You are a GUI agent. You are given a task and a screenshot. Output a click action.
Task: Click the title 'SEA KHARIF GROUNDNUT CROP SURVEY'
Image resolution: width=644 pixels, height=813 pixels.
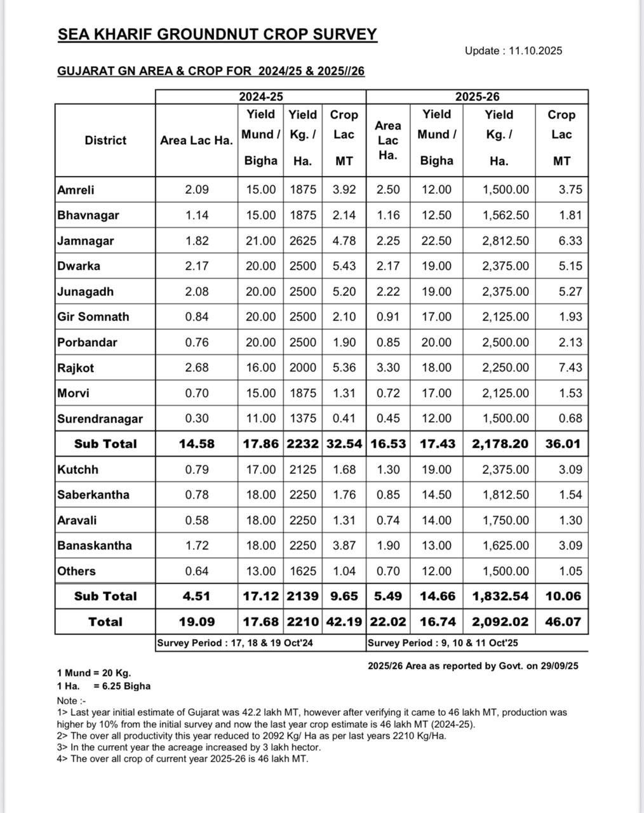(x=217, y=34)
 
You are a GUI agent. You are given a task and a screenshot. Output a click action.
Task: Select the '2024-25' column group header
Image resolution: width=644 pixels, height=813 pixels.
(x=260, y=97)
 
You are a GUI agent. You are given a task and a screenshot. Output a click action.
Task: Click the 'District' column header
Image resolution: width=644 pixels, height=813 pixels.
(x=105, y=140)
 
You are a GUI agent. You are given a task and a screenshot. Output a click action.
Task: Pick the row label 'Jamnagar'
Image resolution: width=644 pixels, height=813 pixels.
(x=86, y=241)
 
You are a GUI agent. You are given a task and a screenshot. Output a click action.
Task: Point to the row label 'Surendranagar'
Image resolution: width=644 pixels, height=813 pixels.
(x=100, y=419)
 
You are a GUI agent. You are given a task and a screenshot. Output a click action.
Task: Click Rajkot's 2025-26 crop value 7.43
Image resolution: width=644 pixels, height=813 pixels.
(x=570, y=368)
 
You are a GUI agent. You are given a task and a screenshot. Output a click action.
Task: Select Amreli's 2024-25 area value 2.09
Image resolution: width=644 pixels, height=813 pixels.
(x=197, y=190)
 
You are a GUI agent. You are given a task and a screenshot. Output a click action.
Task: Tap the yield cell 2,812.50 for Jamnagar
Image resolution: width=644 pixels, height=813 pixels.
(x=506, y=241)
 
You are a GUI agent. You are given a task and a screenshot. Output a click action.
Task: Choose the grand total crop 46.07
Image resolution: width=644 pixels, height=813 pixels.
(x=563, y=622)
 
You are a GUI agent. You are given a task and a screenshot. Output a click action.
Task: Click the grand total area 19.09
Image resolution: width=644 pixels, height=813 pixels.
(x=197, y=622)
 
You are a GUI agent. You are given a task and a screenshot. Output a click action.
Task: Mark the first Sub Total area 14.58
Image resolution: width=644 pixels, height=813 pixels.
(x=197, y=444)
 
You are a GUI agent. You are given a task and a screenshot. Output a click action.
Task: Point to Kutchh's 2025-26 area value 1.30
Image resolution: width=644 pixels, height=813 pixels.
(x=388, y=469)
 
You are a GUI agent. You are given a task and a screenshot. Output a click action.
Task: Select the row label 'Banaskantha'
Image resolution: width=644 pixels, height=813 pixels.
(x=95, y=546)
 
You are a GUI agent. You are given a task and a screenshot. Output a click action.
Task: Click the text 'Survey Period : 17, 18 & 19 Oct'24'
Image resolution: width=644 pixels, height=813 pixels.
(x=235, y=643)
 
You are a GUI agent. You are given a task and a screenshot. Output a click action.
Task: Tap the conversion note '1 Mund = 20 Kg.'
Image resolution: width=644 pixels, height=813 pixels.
(x=94, y=673)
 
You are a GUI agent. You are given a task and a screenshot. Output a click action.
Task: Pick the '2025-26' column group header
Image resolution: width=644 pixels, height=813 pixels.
(x=477, y=97)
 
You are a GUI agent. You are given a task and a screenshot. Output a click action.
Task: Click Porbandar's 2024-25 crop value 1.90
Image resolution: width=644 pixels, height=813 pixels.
(x=344, y=342)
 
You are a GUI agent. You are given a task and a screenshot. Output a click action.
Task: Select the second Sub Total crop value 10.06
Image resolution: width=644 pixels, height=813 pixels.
(x=563, y=596)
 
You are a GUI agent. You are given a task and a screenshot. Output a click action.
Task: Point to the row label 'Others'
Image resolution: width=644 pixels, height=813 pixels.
(x=76, y=571)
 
